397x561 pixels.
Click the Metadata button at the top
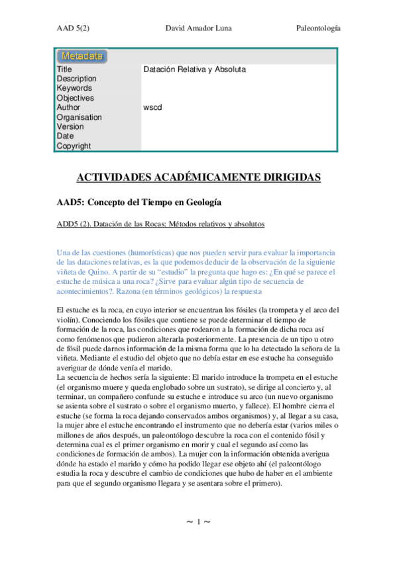pyautogui.click(x=82, y=56)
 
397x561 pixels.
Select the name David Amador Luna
pyautogui.click(x=198, y=29)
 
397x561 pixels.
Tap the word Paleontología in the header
pyautogui.click(x=317, y=29)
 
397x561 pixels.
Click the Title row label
pyautogui.click(x=64, y=69)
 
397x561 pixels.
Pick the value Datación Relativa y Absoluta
pyautogui.click(x=194, y=69)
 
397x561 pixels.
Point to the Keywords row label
pyautogui.click(x=74, y=88)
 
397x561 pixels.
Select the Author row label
pyautogui.click(x=68, y=107)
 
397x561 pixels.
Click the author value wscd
pyautogui.click(x=152, y=107)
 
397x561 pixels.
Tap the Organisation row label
pyautogui.click(x=79, y=117)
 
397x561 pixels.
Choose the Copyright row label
pyautogui.click(x=74, y=146)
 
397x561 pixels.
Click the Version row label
pyautogui.click(x=70, y=126)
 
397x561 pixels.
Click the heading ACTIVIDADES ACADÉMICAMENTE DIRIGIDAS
pyautogui.click(x=199, y=177)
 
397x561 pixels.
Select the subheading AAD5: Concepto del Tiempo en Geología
pyautogui.click(x=139, y=201)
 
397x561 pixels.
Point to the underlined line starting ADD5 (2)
pyautogui.click(x=160, y=224)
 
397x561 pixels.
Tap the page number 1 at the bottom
pyautogui.click(x=198, y=523)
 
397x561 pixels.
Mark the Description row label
pyautogui.click(x=76, y=79)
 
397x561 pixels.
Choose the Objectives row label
pyautogui.click(x=75, y=98)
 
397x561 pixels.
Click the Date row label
pyautogui.click(x=66, y=136)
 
